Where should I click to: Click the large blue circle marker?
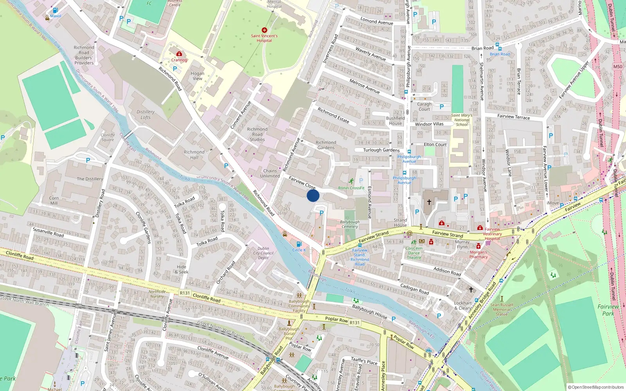pyautogui.click(x=313, y=195)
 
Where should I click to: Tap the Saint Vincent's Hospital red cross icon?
pyautogui.click(x=264, y=30)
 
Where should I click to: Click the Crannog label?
pyautogui.click(x=179, y=60)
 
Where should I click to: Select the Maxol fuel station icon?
pyautogui.click(x=55, y=11)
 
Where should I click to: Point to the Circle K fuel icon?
pyautogui.click(x=299, y=244)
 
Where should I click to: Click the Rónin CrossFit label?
pyautogui.click(x=351, y=188)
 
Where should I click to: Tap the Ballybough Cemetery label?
pyautogui.click(x=349, y=224)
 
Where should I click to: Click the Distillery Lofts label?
pyautogui.click(x=146, y=115)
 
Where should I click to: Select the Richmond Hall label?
pyautogui.click(x=194, y=155)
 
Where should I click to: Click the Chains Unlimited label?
pyautogui.click(x=270, y=174)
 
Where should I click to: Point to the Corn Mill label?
pyautogui.click(x=54, y=201)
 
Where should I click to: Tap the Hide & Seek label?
pyautogui.click(x=182, y=269)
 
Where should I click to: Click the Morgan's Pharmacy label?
pyautogui.click(x=478, y=255)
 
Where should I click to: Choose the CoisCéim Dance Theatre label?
pyautogui.click(x=414, y=253)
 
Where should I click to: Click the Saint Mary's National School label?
pyautogui.click(x=462, y=120)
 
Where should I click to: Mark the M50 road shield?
pyautogui.click(x=617, y=66)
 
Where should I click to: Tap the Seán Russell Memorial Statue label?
pyautogui.click(x=502, y=309)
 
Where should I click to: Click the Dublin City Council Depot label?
pyautogui.click(x=263, y=253)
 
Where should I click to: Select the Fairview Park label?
pyautogui.click(x=608, y=310)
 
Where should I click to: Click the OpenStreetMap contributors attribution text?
pyautogui.click(x=595, y=387)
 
